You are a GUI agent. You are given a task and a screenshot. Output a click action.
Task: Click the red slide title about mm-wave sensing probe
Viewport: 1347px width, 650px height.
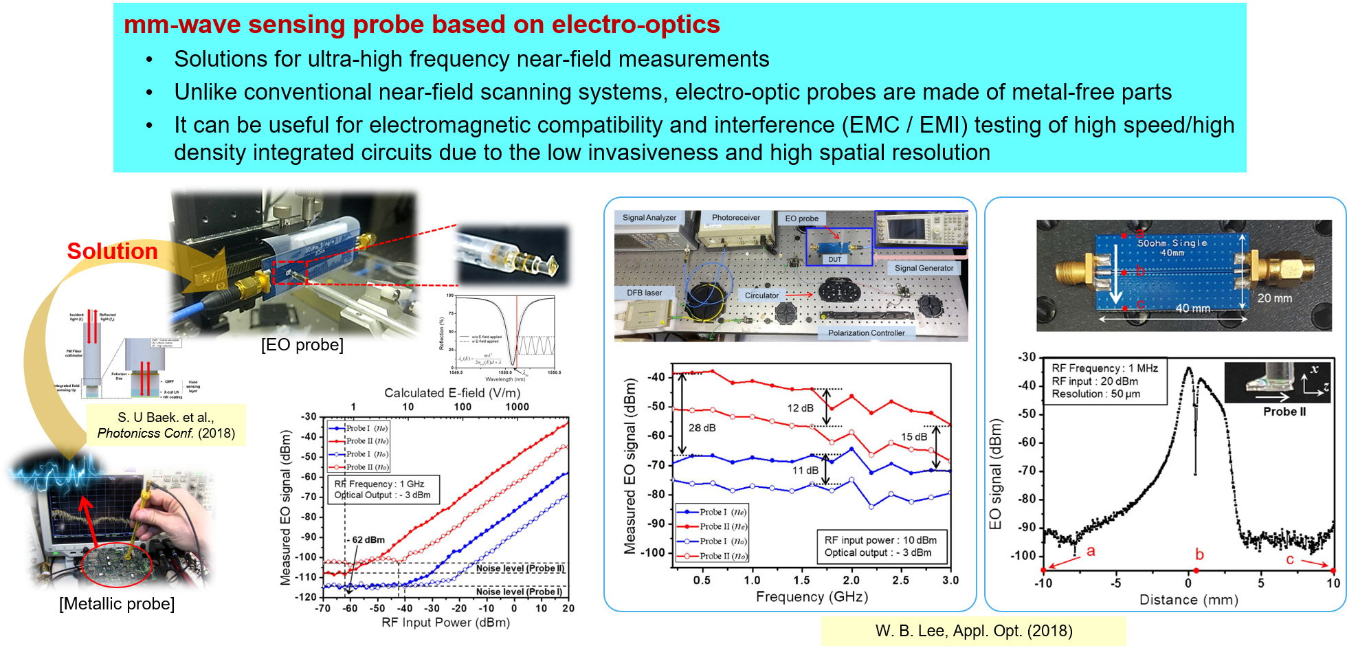(421, 25)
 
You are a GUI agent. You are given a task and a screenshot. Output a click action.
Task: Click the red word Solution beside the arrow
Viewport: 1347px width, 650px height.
(112, 251)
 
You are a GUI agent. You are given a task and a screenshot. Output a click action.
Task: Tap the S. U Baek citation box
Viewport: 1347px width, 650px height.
(166, 425)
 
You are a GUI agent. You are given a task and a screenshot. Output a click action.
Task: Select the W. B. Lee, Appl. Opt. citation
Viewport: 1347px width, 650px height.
(973, 631)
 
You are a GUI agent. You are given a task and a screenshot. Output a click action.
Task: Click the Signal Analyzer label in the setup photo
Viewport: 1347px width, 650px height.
(649, 218)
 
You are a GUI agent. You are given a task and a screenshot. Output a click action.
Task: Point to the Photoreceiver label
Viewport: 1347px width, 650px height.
(735, 218)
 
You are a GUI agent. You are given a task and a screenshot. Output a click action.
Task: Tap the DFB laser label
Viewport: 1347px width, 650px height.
(644, 293)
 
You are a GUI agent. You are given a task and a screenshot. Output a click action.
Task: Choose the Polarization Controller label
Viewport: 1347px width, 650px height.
(866, 333)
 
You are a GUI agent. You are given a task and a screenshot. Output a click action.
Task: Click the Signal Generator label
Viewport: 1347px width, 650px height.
(924, 268)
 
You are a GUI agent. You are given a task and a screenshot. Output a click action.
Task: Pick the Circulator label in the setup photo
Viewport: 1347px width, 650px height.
(761, 295)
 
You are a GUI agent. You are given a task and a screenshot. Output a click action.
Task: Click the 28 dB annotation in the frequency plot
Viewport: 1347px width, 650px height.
(702, 428)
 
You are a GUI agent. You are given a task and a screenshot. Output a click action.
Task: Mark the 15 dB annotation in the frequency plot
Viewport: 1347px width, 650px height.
(913, 437)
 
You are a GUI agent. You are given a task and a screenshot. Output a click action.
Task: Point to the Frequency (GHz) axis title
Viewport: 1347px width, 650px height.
(812, 596)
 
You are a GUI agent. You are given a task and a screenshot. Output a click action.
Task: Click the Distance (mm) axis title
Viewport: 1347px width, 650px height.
(1188, 600)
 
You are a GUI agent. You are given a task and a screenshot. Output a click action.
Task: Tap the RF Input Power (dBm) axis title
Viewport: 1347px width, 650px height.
(445, 623)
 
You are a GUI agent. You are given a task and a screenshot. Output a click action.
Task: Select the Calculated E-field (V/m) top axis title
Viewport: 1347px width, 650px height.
(452, 393)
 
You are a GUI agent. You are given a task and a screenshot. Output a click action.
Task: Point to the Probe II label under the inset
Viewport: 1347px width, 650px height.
(1284, 412)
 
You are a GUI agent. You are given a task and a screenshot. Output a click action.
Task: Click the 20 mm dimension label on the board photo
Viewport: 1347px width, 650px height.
(1274, 298)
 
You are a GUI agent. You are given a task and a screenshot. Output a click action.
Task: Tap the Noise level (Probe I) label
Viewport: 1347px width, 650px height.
(519, 592)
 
